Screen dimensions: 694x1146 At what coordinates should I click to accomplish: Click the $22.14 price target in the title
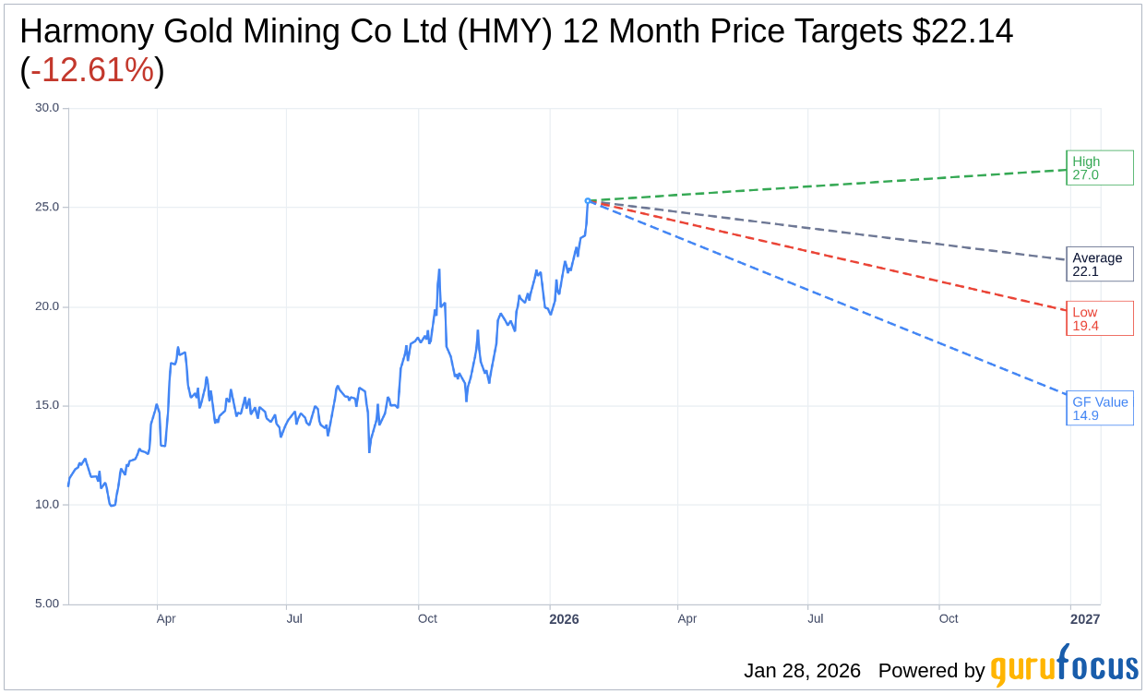[x=962, y=32]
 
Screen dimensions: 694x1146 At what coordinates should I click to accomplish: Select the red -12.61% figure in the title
[x=92, y=70]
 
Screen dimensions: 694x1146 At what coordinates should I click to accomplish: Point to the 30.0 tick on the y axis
[x=47, y=108]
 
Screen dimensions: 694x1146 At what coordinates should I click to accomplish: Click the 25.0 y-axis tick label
[x=47, y=207]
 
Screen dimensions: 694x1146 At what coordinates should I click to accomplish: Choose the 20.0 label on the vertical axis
[x=47, y=306]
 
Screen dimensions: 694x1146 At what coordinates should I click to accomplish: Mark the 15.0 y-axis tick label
[x=47, y=405]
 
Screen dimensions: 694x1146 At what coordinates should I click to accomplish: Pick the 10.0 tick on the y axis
[x=47, y=505]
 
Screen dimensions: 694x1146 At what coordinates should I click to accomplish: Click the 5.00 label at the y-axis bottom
[x=47, y=604]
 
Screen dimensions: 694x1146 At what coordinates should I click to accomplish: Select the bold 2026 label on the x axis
[x=564, y=619]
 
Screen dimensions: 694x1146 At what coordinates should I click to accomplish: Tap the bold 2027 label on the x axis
[x=1084, y=619]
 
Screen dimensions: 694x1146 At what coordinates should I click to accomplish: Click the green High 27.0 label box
[x=1099, y=168]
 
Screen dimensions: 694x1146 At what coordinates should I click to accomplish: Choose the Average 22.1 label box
[x=1099, y=265]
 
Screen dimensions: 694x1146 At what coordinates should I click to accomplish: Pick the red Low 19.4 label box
[x=1099, y=318]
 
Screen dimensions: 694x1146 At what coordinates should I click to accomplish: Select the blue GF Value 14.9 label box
[x=1099, y=408]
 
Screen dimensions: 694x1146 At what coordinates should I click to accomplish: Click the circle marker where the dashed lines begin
[x=588, y=200]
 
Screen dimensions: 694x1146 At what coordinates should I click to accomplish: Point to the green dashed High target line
[x=830, y=185]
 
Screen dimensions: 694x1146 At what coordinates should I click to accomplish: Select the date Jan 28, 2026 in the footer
[x=802, y=671]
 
